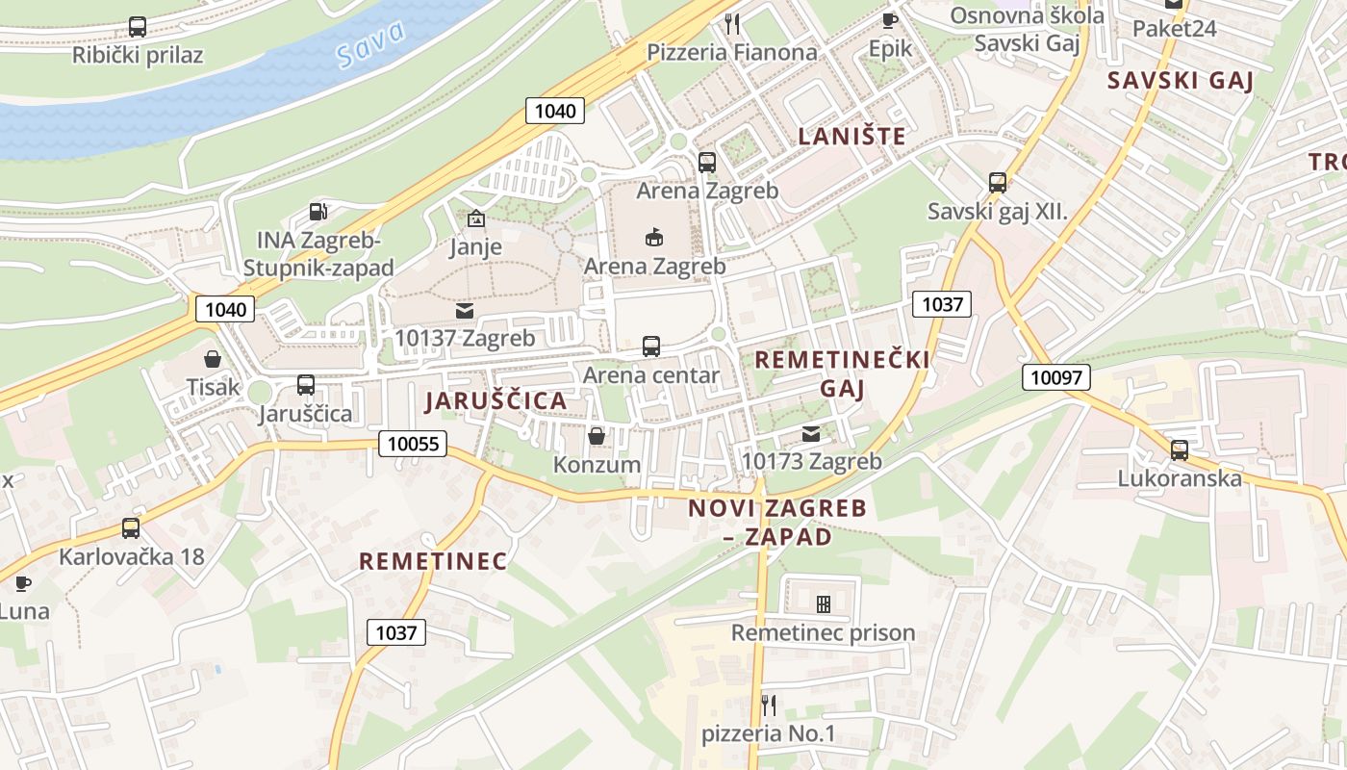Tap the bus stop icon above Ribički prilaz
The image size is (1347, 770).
pyautogui.click(x=138, y=27)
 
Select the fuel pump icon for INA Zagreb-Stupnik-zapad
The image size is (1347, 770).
pyautogui.click(x=318, y=211)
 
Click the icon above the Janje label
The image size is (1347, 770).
pyautogui.click(x=475, y=218)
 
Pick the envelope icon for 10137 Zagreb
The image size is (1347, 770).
pyautogui.click(x=465, y=310)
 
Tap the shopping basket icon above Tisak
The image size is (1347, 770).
pyautogui.click(x=213, y=359)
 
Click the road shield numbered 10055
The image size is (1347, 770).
pyautogui.click(x=414, y=443)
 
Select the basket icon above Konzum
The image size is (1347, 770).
pyautogui.click(x=597, y=436)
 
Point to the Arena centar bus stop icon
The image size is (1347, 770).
pyautogui.click(x=651, y=346)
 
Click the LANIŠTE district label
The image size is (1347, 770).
pyautogui.click(x=852, y=136)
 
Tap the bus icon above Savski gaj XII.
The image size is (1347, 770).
pyautogui.click(x=998, y=182)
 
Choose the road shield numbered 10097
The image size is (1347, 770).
pyautogui.click(x=1055, y=377)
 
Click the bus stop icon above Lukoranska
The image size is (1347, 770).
pyautogui.click(x=1180, y=449)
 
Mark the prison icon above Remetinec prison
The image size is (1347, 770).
pyautogui.click(x=824, y=604)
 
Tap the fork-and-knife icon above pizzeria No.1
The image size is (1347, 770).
pyautogui.click(x=768, y=706)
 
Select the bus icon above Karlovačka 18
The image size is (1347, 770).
pyautogui.click(x=131, y=528)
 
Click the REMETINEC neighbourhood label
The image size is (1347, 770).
pyautogui.click(x=433, y=561)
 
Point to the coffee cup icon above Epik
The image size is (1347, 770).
pyautogui.click(x=889, y=20)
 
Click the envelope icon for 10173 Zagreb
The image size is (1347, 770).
pyautogui.click(x=811, y=433)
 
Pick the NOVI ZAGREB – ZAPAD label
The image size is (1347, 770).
pyautogui.click(x=777, y=522)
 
